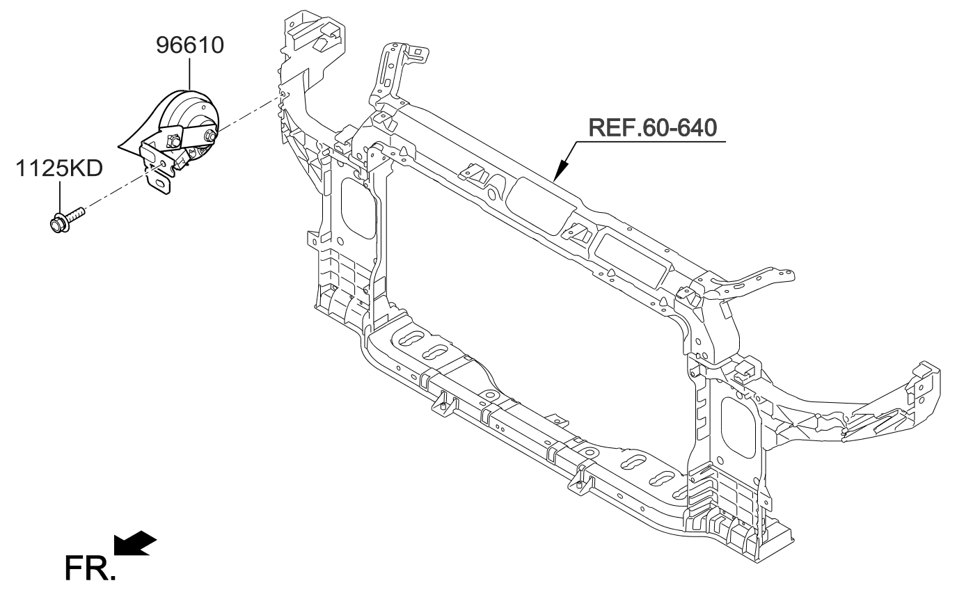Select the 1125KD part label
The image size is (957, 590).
click(60, 168)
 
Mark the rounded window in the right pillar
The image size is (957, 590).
click(738, 426)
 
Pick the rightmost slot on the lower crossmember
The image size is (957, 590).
click(662, 479)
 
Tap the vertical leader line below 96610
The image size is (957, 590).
click(189, 77)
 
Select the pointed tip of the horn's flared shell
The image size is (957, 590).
click(120, 147)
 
